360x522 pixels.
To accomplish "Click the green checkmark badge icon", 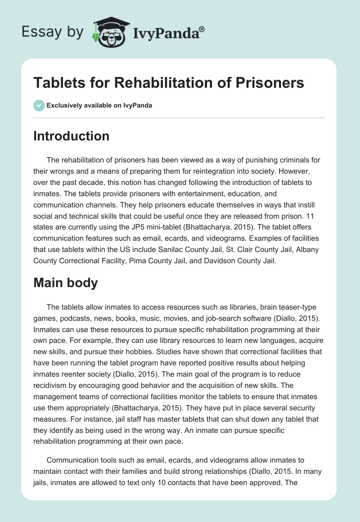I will [x=39, y=106].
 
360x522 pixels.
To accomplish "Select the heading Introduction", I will [x=71, y=136].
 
